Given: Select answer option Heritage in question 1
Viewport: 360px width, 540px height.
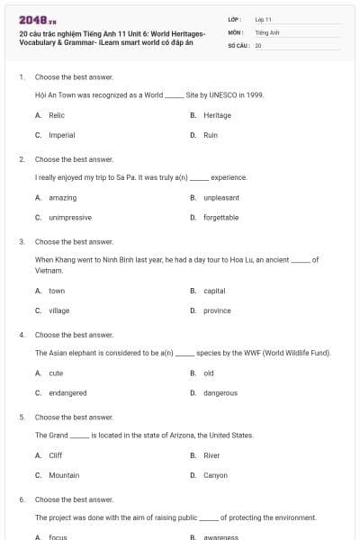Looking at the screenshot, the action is (217, 115).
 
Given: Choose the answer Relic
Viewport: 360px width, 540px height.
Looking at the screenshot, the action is (57, 115).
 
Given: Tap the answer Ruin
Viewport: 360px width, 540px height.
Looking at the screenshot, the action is (211, 135).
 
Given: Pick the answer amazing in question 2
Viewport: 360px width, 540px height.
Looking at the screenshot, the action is (62, 197).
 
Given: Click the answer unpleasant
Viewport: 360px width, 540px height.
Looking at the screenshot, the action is (220, 197).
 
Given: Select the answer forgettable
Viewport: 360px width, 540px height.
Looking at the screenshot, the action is (220, 217).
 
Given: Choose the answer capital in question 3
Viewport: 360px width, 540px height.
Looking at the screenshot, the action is (214, 291).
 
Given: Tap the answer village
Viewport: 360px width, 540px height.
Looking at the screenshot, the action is (58, 310).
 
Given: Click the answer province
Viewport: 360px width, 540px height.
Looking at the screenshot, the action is (217, 310).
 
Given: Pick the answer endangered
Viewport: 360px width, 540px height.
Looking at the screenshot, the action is (67, 392).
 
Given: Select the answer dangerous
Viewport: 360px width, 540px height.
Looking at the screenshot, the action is (220, 392).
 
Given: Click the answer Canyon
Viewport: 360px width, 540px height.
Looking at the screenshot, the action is (215, 474).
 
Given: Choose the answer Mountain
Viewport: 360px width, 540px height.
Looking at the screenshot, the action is (64, 474).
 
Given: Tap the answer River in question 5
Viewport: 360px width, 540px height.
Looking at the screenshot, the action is (211, 454).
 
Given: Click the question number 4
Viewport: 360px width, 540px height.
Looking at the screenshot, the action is (22, 334).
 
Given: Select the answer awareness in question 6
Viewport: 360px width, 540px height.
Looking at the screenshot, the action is (220, 536).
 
